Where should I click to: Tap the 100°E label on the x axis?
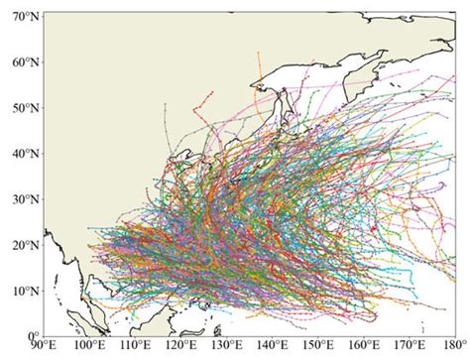click(88, 348)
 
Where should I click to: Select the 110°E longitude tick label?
click(134, 348)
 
